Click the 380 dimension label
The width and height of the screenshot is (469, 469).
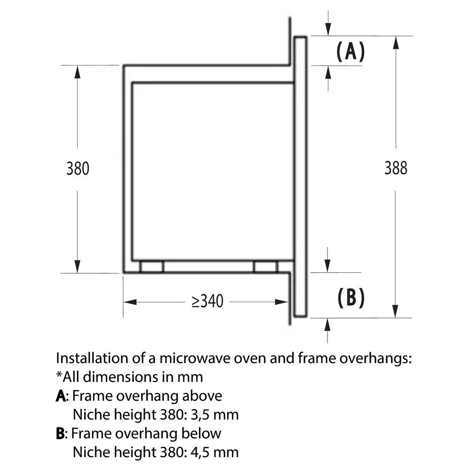pyautogui.click(x=78, y=169)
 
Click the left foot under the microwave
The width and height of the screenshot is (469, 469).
pyautogui.click(x=152, y=267)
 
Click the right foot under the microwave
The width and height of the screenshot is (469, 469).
pyautogui.click(x=266, y=267)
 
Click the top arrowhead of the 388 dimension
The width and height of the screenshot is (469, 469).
pyautogui.click(x=396, y=42)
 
